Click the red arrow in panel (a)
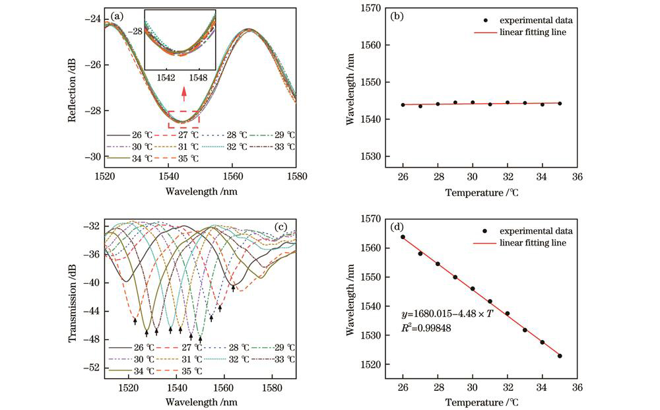[x=183, y=97]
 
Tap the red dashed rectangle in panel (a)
[x=183, y=119]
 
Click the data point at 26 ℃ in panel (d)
[x=403, y=237]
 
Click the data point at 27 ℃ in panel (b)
[x=420, y=106]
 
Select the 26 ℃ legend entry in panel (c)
[x=129, y=347]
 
